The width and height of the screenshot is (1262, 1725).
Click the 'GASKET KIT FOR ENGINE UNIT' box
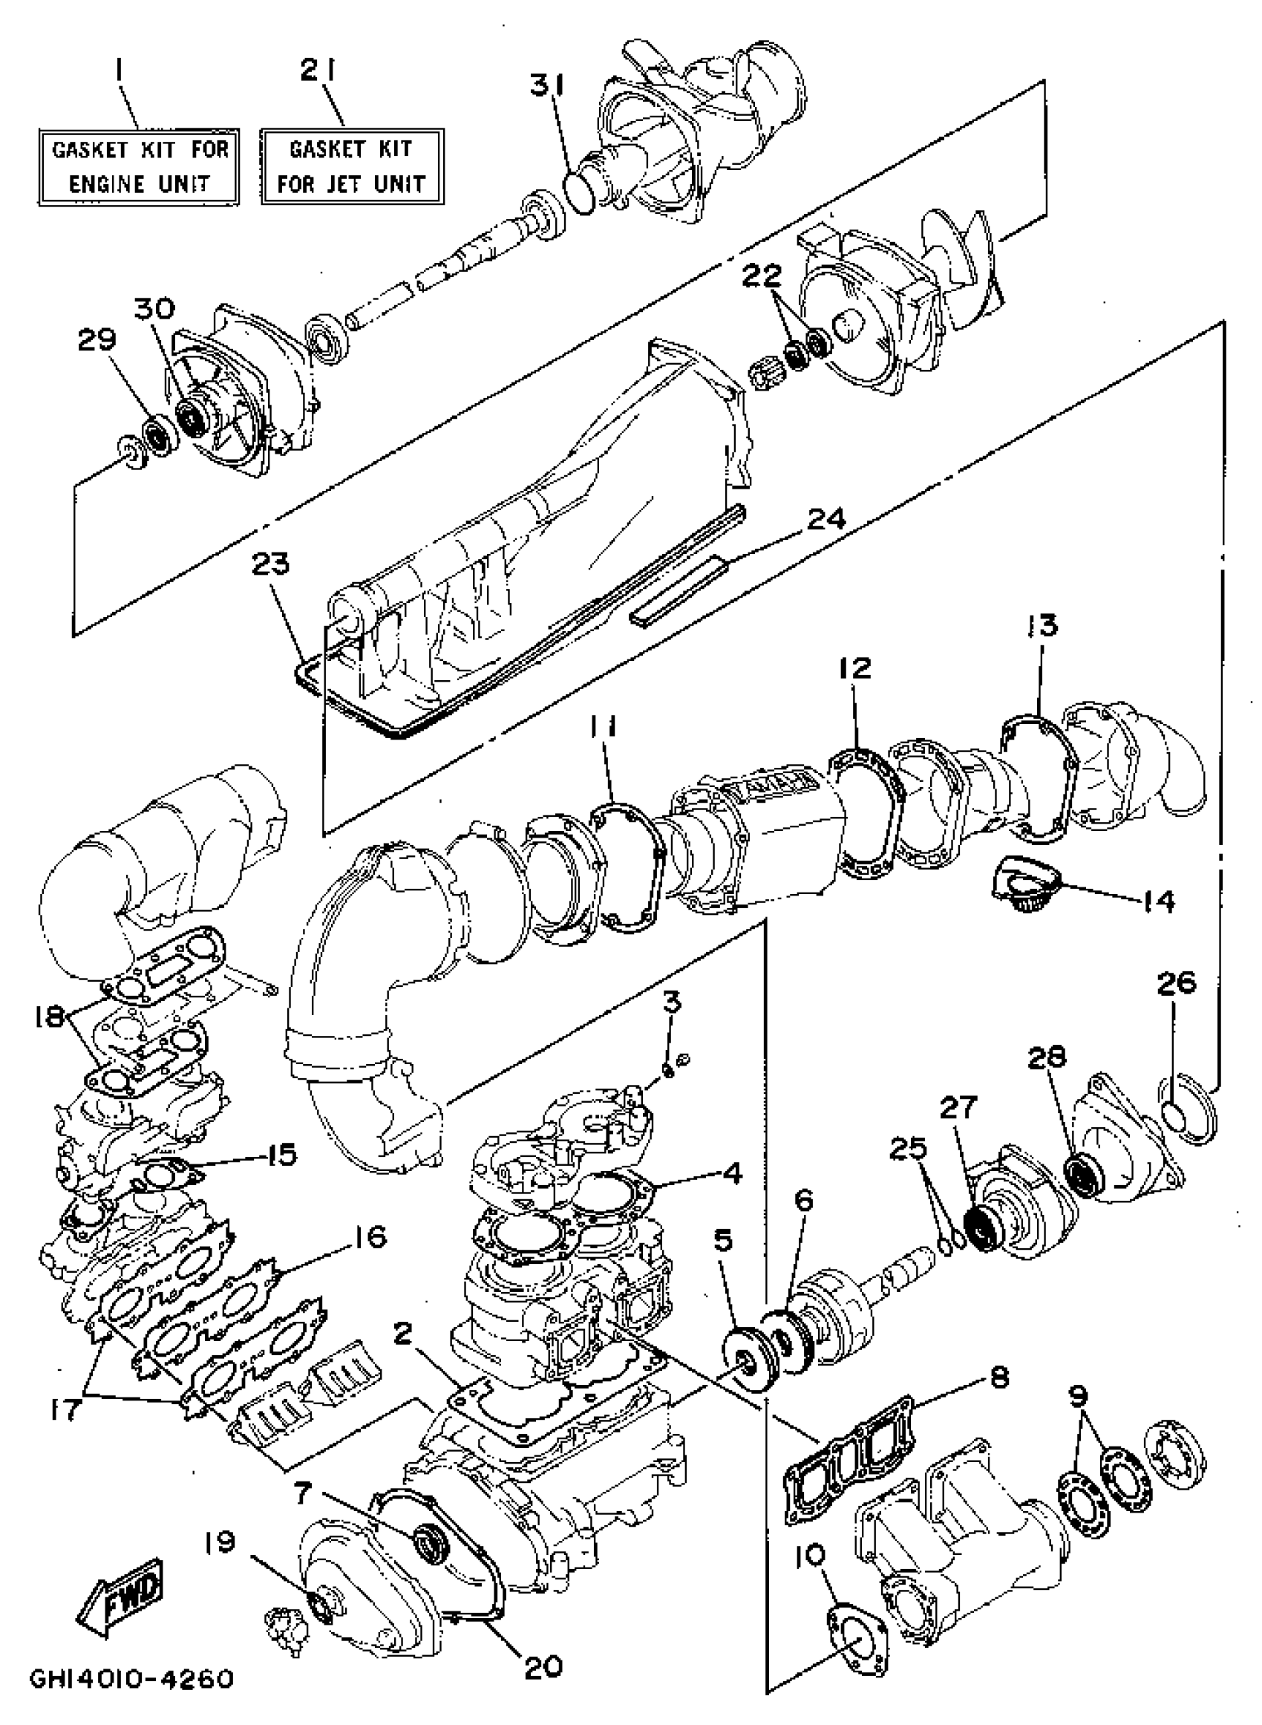[x=139, y=166]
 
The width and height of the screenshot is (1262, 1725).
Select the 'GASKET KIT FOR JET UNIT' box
[x=351, y=166]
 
